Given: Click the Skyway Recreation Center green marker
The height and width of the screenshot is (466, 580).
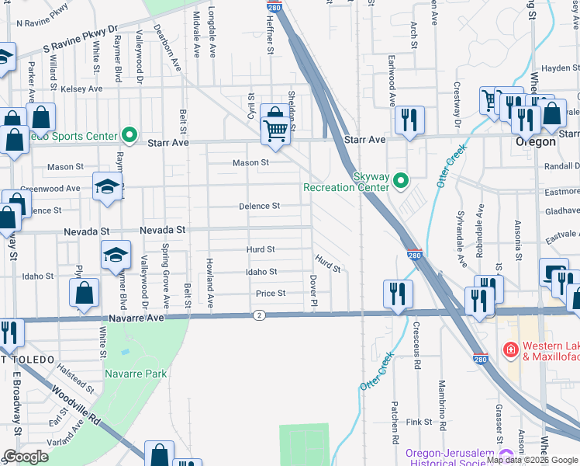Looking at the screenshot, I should (401, 182).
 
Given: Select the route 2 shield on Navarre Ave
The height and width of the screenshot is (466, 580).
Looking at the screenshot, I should (259, 315).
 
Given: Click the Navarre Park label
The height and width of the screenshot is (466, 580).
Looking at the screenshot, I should (145, 374).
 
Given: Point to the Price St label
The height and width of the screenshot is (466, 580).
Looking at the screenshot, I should (271, 294).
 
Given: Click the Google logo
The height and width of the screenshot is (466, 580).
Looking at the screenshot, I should (26, 457).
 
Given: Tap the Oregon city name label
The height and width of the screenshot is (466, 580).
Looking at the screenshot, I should (536, 142).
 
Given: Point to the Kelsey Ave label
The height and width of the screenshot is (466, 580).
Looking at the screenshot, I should (81, 89).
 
